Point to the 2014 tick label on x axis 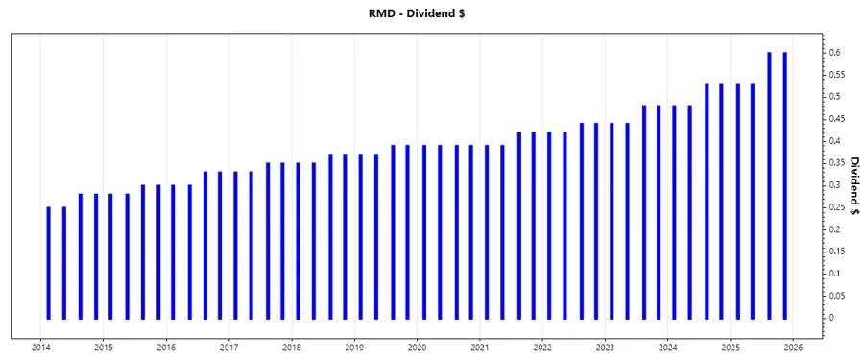[41, 348]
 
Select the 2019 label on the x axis [354, 348]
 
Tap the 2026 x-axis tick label [793, 348]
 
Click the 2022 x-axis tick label [542, 348]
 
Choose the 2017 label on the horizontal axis [229, 348]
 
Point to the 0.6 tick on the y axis [837, 52]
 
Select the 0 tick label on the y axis [833, 318]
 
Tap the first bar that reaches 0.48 [644, 211]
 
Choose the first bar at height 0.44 [581, 220]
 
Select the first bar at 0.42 [518, 225]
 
